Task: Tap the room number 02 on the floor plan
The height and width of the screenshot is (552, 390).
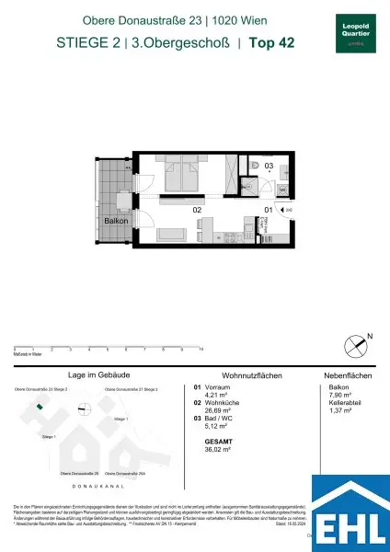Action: point(196,210)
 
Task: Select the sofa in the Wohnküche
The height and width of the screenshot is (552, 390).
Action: point(172,236)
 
